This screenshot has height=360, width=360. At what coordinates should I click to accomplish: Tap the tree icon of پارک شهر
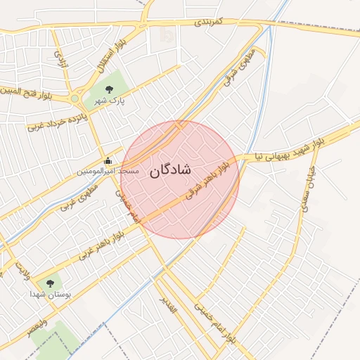click(109, 89)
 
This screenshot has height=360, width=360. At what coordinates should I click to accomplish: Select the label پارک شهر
click(110, 101)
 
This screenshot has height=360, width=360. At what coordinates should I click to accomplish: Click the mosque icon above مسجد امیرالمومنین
click(107, 161)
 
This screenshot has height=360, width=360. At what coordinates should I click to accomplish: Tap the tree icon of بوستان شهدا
click(49, 283)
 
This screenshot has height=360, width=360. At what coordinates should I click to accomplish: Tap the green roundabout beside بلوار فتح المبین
click(75, 98)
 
